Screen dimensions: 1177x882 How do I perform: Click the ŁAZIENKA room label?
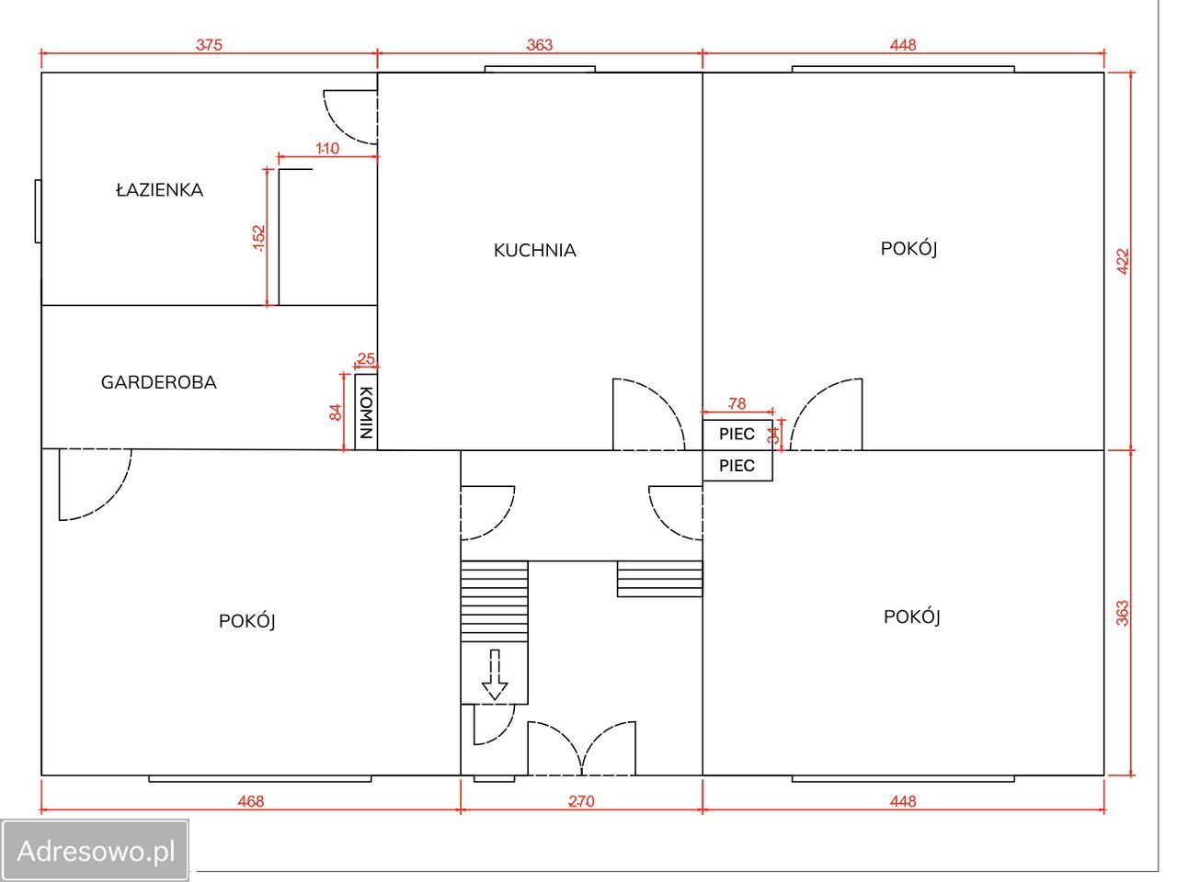pos(160,189)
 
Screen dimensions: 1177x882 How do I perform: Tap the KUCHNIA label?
pos(534,250)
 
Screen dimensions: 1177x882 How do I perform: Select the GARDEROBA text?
pos(159,382)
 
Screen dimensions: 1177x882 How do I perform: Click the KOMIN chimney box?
pos(366,412)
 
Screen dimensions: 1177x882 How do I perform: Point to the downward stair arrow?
pos(495,674)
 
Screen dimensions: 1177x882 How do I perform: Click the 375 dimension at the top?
pos(209,44)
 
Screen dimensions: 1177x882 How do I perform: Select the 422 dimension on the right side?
pos(1123,261)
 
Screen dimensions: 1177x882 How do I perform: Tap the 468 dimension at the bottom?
pos(251,801)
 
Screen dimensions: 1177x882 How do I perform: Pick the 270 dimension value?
pos(581,801)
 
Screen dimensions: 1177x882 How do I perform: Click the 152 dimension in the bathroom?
pos(258,238)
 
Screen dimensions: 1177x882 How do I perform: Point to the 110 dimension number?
pos(327,148)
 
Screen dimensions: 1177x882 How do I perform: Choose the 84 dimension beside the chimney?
pos(335,413)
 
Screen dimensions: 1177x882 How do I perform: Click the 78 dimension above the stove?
pos(737,403)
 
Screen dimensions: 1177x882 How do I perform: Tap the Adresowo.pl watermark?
pos(96,851)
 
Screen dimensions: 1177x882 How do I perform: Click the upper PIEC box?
pos(737,435)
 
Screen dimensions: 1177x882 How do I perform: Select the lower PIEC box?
pos(737,466)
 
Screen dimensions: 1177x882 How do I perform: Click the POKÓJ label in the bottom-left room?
pos(247,621)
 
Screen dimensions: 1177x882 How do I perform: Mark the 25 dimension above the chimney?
pos(366,358)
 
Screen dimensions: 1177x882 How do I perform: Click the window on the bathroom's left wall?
pos(38,211)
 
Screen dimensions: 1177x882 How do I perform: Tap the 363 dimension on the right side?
pos(1123,613)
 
